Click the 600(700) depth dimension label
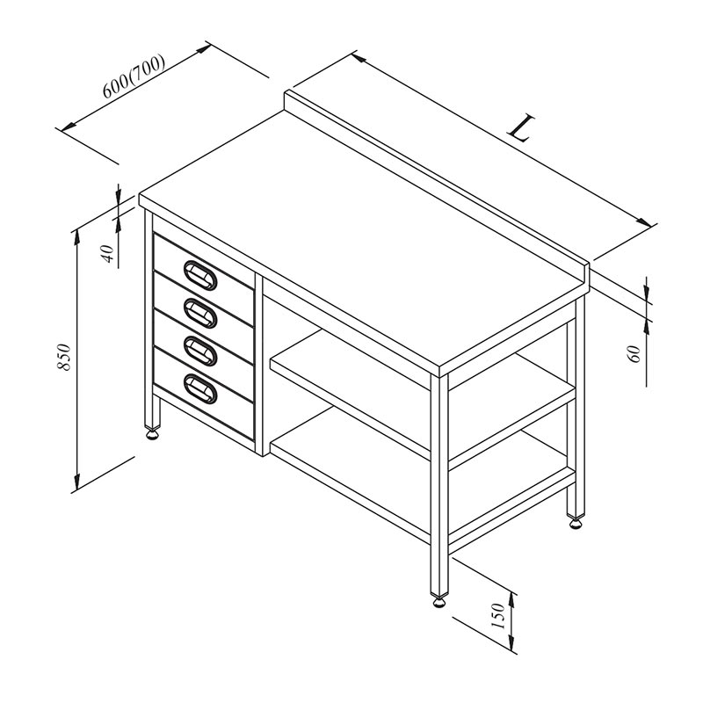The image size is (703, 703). tap(134, 76)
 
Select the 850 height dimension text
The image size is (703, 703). tap(64, 357)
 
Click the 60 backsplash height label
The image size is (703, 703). tap(634, 354)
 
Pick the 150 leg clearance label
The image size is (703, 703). tap(498, 616)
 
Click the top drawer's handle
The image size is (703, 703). tap(200, 275)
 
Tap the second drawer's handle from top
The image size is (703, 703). tap(200, 313)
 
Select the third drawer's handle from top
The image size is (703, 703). tap(200, 351)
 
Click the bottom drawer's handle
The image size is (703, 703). tap(200, 388)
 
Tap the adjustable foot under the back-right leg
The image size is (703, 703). tap(576, 523)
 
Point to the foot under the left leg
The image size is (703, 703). tap(152, 433)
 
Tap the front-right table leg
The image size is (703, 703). tap(439, 484)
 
